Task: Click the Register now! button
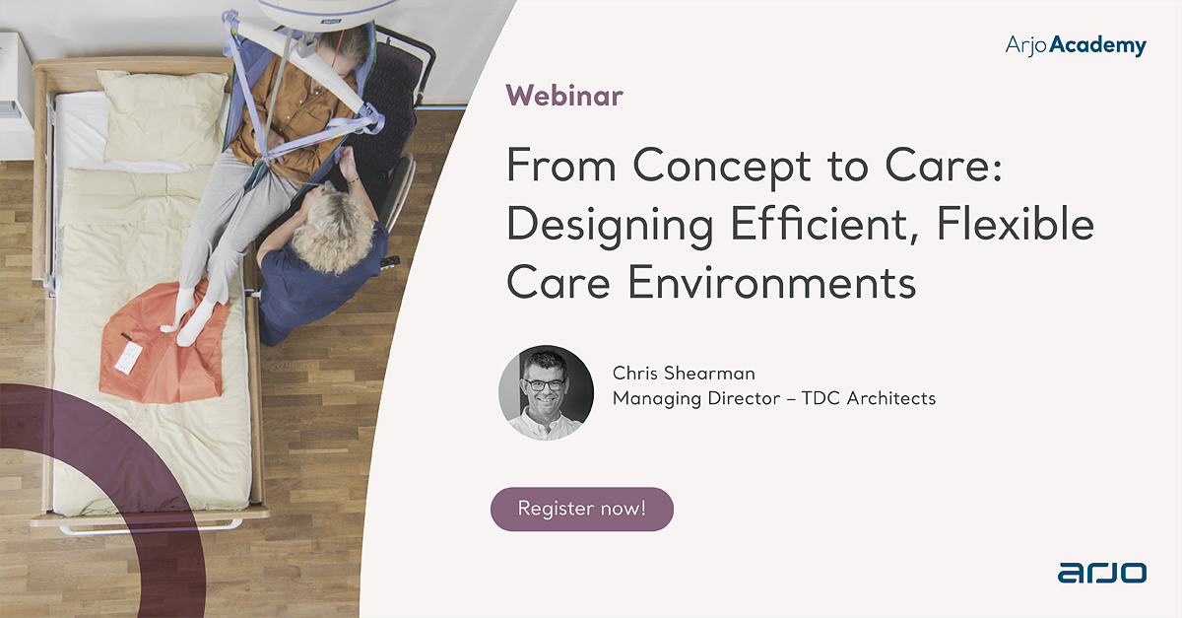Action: click(582, 509)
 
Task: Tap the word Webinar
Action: click(564, 97)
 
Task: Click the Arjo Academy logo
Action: click(1076, 45)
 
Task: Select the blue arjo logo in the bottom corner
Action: click(1102, 573)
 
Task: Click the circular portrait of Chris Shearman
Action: click(546, 392)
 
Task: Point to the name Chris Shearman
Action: click(684, 373)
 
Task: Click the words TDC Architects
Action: click(869, 398)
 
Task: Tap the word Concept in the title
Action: click(721, 167)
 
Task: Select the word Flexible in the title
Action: click(1016, 224)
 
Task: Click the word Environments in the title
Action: click(772, 283)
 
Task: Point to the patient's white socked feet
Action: click(188, 317)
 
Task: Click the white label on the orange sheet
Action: click(127, 358)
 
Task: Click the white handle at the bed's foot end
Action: click(151, 528)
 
